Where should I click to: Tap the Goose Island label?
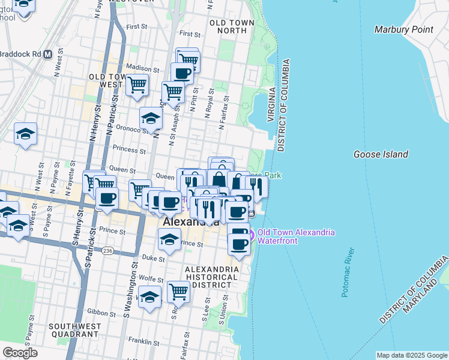pyautogui.click(x=381, y=154)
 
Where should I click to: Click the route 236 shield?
pyautogui.click(x=107, y=250)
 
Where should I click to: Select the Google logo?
pyautogui.click(x=20, y=353)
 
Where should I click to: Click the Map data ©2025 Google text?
pyautogui.click(x=412, y=355)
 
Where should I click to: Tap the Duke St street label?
pyautogui.click(x=154, y=259)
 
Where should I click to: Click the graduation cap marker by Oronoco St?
pyautogui.click(x=151, y=118)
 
